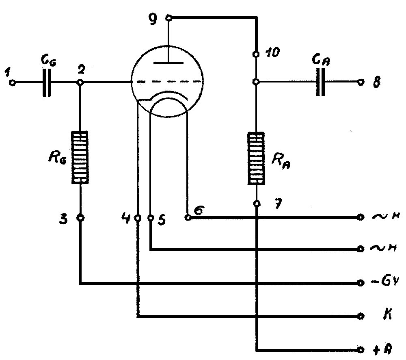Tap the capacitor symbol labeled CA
321,82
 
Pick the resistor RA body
257,158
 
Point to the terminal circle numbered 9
168,18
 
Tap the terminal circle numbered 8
360,82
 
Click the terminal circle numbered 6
188,217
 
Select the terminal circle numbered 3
80,218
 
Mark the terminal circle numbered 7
257,204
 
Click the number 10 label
273,53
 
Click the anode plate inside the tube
168,63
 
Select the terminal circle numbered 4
138,218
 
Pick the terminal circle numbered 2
80,82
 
